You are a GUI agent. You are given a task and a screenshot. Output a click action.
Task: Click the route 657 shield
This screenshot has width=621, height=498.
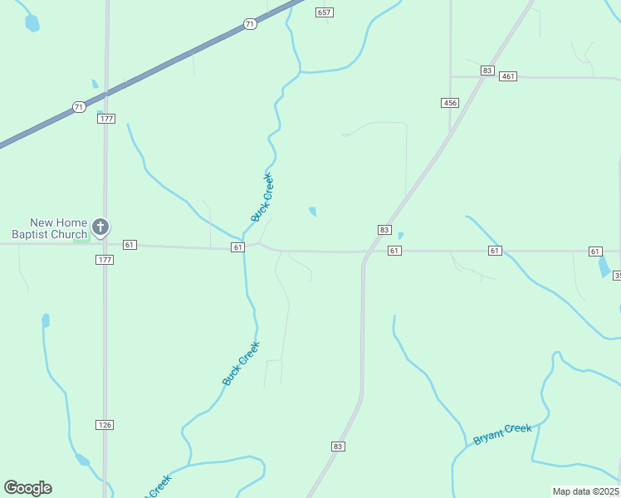[x=325, y=12]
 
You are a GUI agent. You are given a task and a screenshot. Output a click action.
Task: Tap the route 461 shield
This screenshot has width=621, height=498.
[x=508, y=76]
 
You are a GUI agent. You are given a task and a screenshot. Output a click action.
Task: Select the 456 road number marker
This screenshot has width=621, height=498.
[x=450, y=102]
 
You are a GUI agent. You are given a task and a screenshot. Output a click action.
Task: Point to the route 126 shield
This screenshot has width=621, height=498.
[x=105, y=425]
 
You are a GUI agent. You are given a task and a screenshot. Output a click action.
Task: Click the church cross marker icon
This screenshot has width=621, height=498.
[x=100, y=227]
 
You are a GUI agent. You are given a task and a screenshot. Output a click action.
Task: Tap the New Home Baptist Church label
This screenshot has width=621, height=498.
[x=58, y=228]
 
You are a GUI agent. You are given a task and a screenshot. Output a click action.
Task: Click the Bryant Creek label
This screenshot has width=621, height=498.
[x=502, y=433]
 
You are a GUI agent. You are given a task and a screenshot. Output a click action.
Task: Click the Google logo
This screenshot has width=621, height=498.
[x=27, y=488]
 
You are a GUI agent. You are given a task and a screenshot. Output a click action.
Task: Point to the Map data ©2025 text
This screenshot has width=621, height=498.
[x=585, y=491]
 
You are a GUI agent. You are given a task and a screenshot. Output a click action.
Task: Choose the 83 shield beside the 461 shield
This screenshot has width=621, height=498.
[x=487, y=71]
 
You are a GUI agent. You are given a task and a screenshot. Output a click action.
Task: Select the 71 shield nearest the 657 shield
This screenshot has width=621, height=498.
[x=250, y=25]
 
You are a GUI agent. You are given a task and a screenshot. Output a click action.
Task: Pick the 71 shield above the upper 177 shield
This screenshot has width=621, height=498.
[x=78, y=107]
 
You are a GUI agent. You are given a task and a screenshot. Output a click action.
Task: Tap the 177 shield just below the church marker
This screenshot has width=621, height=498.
[x=105, y=260]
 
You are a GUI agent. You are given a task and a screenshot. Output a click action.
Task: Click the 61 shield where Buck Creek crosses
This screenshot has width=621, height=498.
[x=238, y=247]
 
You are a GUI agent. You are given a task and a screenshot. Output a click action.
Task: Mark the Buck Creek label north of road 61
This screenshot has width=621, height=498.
[x=262, y=197]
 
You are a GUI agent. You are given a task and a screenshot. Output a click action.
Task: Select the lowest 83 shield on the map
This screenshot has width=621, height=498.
[x=337, y=447]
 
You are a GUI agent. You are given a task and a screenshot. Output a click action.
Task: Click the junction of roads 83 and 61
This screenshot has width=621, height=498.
[x=365, y=251]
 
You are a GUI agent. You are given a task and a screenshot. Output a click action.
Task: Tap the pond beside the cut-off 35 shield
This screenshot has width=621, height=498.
[x=604, y=266]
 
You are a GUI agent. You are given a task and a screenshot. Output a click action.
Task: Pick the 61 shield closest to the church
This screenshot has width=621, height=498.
[x=129, y=245]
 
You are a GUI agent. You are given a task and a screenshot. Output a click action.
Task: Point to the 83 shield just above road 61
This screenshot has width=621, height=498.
[x=384, y=230]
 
